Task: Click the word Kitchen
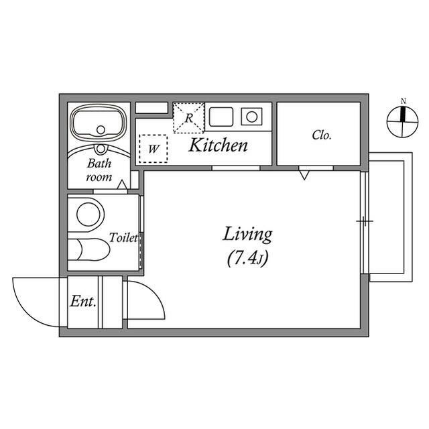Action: (x=218, y=145)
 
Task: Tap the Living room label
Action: (x=247, y=235)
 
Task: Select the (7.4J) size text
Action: (x=247, y=258)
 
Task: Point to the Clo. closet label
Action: (x=322, y=135)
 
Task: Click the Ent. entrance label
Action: (x=83, y=302)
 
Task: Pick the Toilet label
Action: (x=123, y=237)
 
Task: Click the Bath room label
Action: (x=99, y=170)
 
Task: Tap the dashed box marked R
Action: (x=189, y=118)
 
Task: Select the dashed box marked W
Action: (x=154, y=149)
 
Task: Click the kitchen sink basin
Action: (x=221, y=117)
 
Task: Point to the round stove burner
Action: (x=252, y=117)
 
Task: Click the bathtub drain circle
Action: (x=101, y=129)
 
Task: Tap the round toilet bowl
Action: (x=88, y=214)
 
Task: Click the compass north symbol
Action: (x=402, y=121)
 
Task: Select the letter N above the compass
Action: (x=404, y=101)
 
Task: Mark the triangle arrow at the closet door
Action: (x=304, y=175)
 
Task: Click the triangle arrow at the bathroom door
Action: (x=122, y=185)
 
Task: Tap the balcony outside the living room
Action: (x=391, y=217)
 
